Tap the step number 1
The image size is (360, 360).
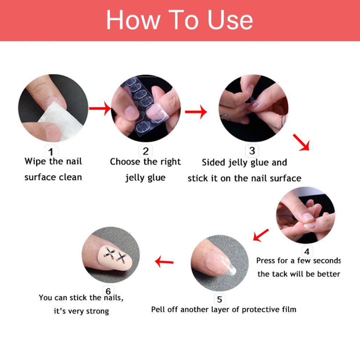pyautogui.click(x=51, y=152)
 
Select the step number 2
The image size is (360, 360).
pyautogui.click(x=145, y=151)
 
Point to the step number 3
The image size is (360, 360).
pyautogui.click(x=252, y=151)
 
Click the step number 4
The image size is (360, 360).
pyautogui.click(x=307, y=252)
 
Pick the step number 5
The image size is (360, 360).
pyautogui.click(x=220, y=299)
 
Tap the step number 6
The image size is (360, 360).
pyautogui.click(x=108, y=291)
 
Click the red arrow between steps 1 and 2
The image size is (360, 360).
pyautogui.click(x=100, y=108)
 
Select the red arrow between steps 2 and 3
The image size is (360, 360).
pyautogui.click(x=196, y=112)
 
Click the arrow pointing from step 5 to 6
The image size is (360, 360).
pyautogui.click(x=164, y=262)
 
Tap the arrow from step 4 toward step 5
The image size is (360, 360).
pyautogui.click(x=261, y=235)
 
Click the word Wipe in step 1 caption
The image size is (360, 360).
pyautogui.click(x=35, y=161)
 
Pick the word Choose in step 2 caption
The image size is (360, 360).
pyautogui.click(x=125, y=161)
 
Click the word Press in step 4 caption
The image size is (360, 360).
pyautogui.click(x=266, y=261)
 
